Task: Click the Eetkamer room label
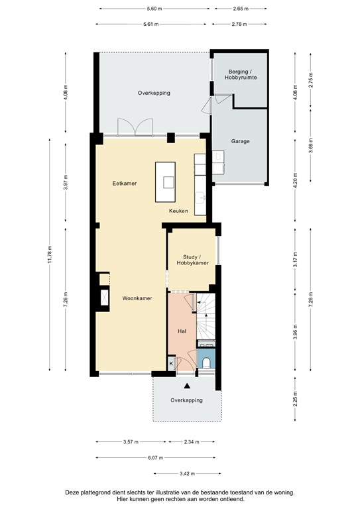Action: [125, 183]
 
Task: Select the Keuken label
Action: [178, 211]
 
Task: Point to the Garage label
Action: [240, 141]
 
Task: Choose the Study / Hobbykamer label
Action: [192, 259]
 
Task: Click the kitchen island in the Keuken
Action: [165, 182]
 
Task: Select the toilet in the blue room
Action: [207, 362]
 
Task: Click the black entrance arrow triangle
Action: [188, 385]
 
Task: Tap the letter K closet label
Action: [171, 363]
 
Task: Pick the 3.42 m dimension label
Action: [188, 473]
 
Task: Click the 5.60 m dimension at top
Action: [154, 9]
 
